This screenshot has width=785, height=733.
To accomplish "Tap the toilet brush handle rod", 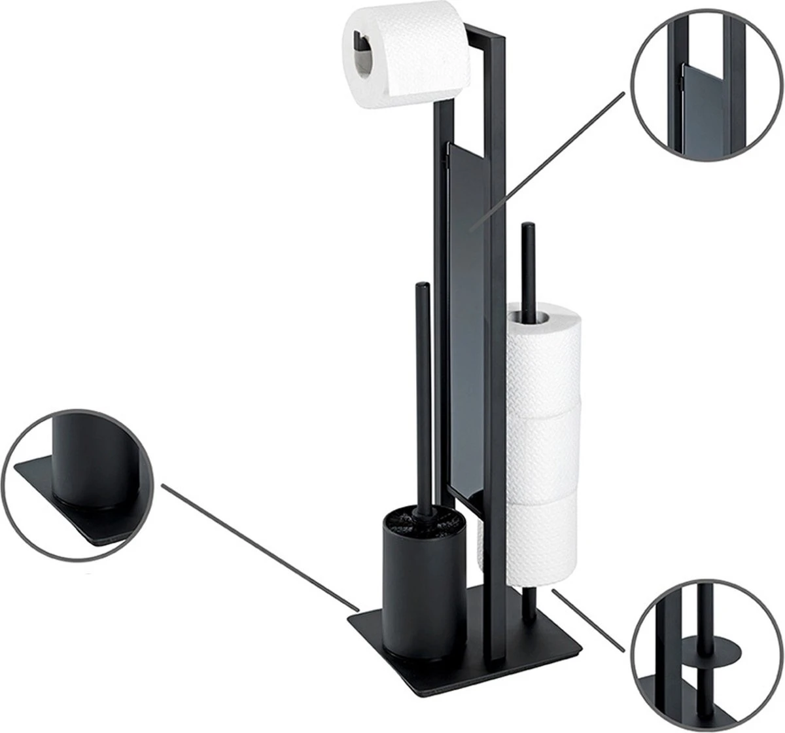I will coord(422,393).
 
